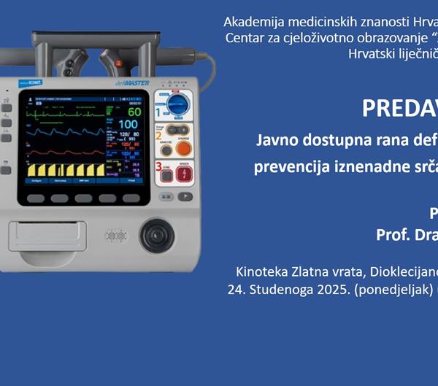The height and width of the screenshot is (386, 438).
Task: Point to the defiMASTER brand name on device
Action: click(132, 83)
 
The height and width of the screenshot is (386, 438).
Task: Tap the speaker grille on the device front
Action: click(113, 236)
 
